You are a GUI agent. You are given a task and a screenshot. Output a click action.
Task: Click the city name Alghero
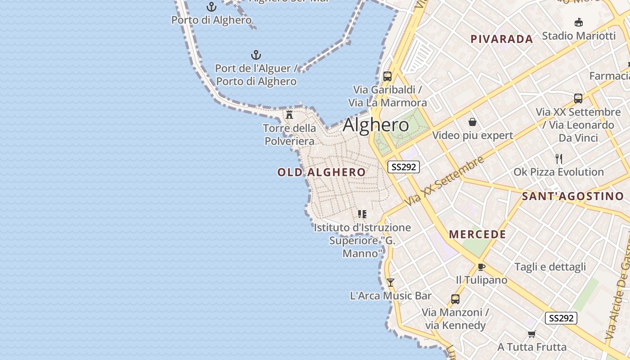coord(376,125)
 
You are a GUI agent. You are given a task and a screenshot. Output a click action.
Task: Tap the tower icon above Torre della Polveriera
coord(289,115)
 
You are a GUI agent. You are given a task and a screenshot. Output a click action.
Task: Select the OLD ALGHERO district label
coord(321,172)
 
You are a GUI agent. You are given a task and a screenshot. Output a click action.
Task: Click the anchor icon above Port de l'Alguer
coord(256,55)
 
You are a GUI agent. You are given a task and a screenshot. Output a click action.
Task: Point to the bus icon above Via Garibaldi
coord(387,76)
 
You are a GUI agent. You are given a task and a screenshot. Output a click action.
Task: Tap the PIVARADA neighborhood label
coord(502,39)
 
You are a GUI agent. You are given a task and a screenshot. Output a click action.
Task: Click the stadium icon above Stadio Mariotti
coord(579,22)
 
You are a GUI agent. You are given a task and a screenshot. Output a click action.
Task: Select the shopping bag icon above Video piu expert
coord(472,122)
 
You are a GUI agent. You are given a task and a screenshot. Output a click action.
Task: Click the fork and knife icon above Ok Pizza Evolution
coord(559,158)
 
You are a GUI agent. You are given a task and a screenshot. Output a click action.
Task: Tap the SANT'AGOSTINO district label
coord(572,196)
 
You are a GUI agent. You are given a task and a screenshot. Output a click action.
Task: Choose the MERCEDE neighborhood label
coord(477,234)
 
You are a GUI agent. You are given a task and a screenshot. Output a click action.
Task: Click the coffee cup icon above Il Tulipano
coord(481,267)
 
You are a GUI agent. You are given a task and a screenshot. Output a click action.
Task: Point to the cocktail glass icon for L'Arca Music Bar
coord(391,282)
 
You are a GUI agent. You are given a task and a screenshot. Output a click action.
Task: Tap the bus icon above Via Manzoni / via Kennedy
coord(455,299)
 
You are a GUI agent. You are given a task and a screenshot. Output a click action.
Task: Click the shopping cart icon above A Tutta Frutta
coord(532,334)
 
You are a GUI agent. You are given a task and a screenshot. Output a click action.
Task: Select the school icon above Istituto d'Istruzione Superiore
coord(362,214)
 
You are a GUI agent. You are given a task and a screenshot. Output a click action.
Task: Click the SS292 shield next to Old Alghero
coord(404,167)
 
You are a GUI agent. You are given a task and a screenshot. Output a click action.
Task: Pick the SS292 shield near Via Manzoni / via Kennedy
coord(561,318)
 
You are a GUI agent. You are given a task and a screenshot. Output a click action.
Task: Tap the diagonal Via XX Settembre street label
coord(444,181)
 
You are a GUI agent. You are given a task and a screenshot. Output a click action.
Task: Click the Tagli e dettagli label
coord(550,267)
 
